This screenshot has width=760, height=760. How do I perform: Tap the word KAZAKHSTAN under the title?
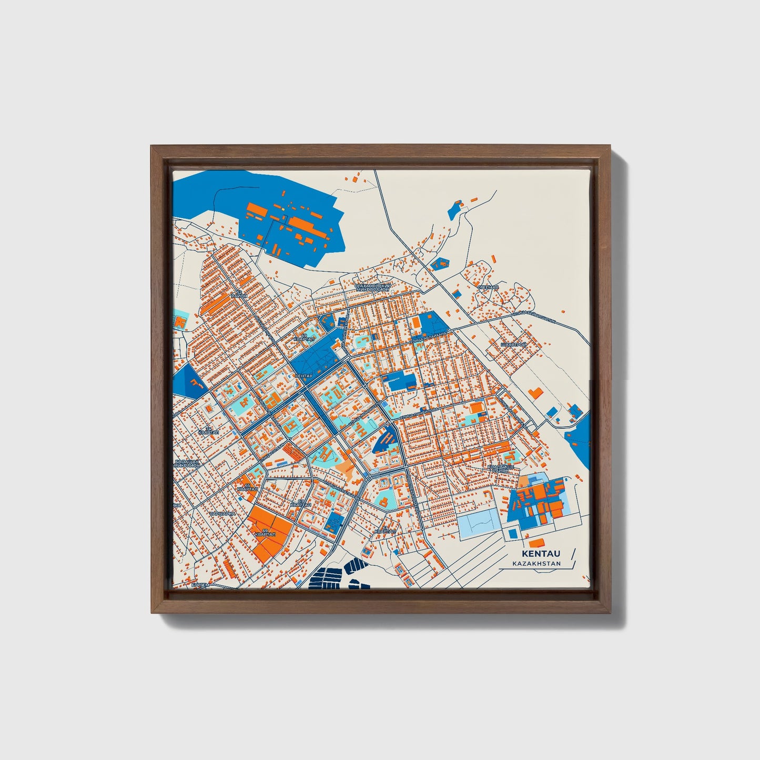coord(536,564)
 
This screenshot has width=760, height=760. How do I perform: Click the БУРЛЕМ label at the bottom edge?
coord(200,584)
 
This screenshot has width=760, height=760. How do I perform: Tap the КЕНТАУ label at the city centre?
coord(304,376)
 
